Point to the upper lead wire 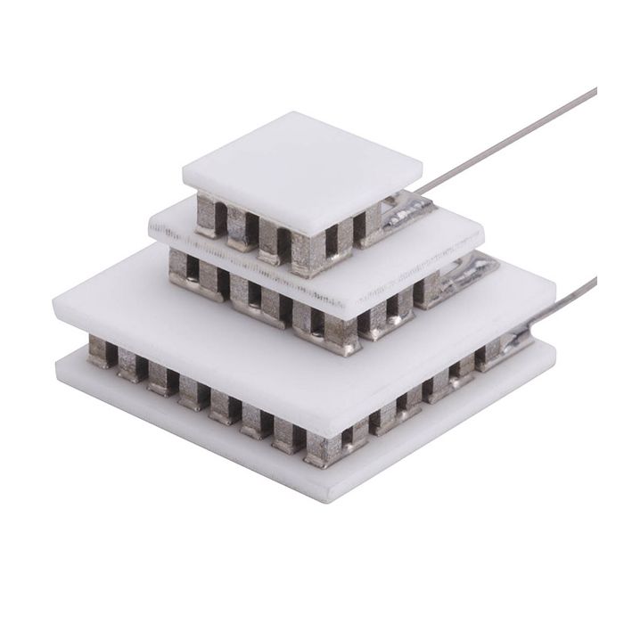[508, 143]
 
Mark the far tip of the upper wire [595, 90]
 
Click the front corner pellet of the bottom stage [324, 448]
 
